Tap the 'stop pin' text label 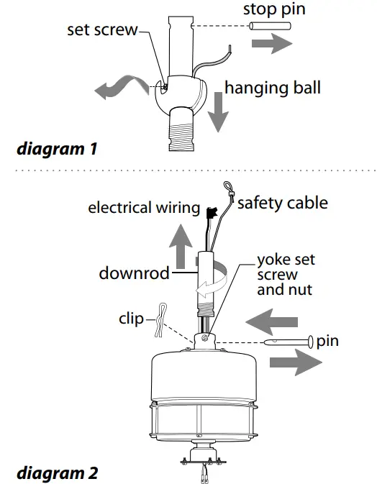[275, 9]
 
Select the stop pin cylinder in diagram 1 [270, 27]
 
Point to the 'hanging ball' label [273, 88]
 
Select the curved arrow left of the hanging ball [119, 88]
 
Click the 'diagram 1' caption [57, 150]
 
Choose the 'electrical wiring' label [143, 208]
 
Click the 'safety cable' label [282, 203]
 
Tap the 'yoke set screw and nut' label [286, 275]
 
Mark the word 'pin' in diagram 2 [327, 340]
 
